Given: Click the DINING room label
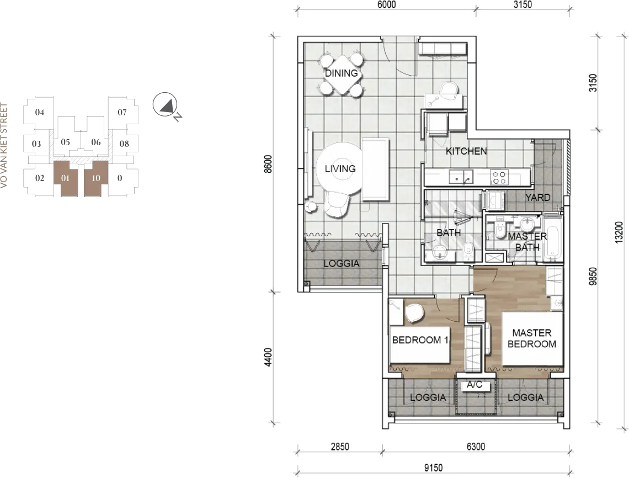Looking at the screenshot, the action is point(341,73).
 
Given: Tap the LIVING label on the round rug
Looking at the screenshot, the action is point(340,169).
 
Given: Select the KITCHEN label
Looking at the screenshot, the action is point(466,151).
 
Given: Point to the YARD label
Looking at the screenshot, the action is point(537,198).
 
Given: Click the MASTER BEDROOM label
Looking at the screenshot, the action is point(532,338).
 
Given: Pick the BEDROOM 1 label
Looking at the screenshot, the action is point(420,340).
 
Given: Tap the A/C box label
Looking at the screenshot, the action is point(475,385).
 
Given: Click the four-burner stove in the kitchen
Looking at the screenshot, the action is point(500,177).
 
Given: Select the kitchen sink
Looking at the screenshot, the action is point(461,177).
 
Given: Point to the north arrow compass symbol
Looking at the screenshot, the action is point(166,105).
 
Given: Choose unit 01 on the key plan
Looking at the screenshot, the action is point(66,178).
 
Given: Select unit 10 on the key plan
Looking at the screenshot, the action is point(96,178).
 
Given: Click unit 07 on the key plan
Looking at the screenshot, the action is point(122,113).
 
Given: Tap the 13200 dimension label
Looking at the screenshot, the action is point(620,232).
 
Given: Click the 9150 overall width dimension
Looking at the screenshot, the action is point(433,468).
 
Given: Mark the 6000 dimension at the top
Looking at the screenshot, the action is point(386,4).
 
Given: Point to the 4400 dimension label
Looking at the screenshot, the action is point(268,357).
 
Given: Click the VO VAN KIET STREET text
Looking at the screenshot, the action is point(4,146).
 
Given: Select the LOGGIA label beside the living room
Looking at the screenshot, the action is point(342,263).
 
